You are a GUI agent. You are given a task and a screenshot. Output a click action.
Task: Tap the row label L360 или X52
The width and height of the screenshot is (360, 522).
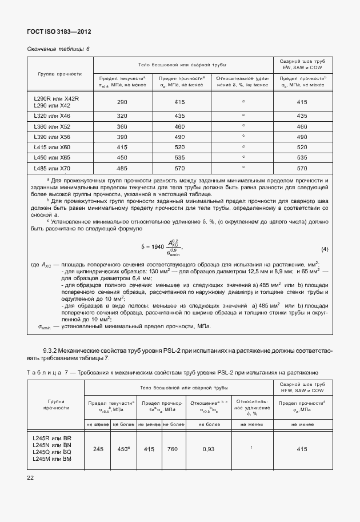52,126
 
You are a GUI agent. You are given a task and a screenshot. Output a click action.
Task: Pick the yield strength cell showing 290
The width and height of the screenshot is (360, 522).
122,102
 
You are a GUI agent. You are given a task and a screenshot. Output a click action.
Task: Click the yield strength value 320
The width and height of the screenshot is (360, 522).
122,116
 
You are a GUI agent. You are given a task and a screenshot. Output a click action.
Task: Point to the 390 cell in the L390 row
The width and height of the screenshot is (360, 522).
122,137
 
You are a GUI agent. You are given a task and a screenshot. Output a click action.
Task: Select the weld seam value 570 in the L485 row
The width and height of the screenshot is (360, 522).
302,168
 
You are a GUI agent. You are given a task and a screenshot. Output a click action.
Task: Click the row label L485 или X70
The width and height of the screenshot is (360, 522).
52,168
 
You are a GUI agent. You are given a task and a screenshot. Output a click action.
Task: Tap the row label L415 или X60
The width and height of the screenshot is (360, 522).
52,147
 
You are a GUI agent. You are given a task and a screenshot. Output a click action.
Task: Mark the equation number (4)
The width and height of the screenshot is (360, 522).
325,249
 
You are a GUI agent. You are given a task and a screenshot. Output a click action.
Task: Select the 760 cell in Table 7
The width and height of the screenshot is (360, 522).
174,449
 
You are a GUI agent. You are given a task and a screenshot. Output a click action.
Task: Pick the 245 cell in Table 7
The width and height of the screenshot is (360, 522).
98,449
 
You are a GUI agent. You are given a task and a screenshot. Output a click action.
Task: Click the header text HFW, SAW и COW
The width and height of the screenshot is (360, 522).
302,390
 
